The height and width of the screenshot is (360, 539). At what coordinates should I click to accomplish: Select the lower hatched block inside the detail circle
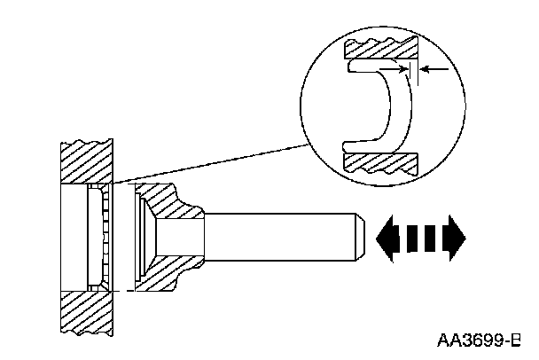point(381,162)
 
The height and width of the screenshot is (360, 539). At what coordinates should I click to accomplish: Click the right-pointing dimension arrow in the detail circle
point(401,67)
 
